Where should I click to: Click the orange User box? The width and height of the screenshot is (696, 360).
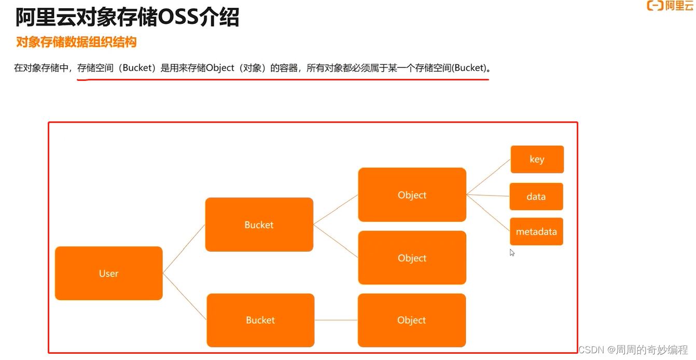point(108,273)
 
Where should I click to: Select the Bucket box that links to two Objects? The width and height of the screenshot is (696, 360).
point(259,225)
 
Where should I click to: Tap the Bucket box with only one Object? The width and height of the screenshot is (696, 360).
point(260,320)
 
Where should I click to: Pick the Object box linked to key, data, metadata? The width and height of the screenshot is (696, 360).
point(412,195)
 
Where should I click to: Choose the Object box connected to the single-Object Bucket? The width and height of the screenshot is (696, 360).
point(411,320)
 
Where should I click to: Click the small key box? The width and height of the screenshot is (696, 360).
point(537,159)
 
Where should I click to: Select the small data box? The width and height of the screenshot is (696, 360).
point(536,197)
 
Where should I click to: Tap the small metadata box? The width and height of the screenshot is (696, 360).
point(536,231)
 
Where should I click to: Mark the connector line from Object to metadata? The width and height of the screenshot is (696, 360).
point(489,213)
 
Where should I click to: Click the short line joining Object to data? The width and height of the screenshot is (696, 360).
point(488,196)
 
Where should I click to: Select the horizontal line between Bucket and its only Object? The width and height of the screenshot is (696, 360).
point(336,320)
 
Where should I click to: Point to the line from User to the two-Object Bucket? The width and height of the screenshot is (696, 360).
point(184,248)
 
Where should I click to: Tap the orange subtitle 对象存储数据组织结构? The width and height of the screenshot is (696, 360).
point(76,42)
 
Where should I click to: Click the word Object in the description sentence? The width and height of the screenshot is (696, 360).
point(220,68)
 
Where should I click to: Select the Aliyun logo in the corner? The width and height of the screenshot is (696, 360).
point(670,6)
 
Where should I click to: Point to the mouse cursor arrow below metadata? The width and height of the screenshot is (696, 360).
point(512,253)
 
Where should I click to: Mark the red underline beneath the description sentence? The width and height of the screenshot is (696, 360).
point(283,80)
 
